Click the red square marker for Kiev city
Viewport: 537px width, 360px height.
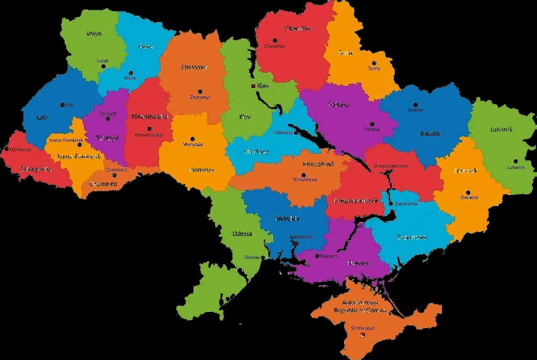point(253,86)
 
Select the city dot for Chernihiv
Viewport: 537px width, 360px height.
point(273,40)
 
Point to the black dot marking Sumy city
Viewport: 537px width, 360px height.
point(373,62)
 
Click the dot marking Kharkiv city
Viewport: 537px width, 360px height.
point(415,104)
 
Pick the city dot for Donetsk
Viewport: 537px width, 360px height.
point(468,192)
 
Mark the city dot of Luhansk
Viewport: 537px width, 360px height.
point(515,161)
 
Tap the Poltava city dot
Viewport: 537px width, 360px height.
point(372,124)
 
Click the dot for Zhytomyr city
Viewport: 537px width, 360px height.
point(199,91)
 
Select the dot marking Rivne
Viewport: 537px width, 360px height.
point(131,72)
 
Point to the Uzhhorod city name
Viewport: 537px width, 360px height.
point(20,149)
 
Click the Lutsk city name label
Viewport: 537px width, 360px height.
point(103,61)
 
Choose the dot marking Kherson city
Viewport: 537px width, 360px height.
point(317,256)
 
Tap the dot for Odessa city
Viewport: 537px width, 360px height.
point(263,257)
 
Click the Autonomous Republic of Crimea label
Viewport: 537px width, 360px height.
point(360,307)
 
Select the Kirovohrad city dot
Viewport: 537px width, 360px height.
point(303,174)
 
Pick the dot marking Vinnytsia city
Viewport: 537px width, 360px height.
point(192,138)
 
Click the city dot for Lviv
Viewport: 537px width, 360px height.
point(62,105)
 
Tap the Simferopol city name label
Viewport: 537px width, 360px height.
point(363,328)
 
